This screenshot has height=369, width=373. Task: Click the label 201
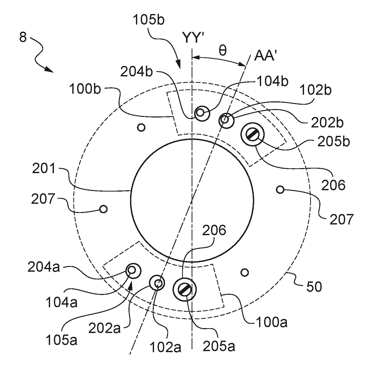tap(44, 169)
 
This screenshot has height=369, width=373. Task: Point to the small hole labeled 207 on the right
tap(280, 189)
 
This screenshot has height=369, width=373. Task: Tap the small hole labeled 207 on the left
tap(103, 209)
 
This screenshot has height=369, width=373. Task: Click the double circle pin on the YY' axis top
tap(202, 113)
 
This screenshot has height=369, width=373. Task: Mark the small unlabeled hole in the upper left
tap(141, 127)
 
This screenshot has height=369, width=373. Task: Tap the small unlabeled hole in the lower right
tap(245, 272)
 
